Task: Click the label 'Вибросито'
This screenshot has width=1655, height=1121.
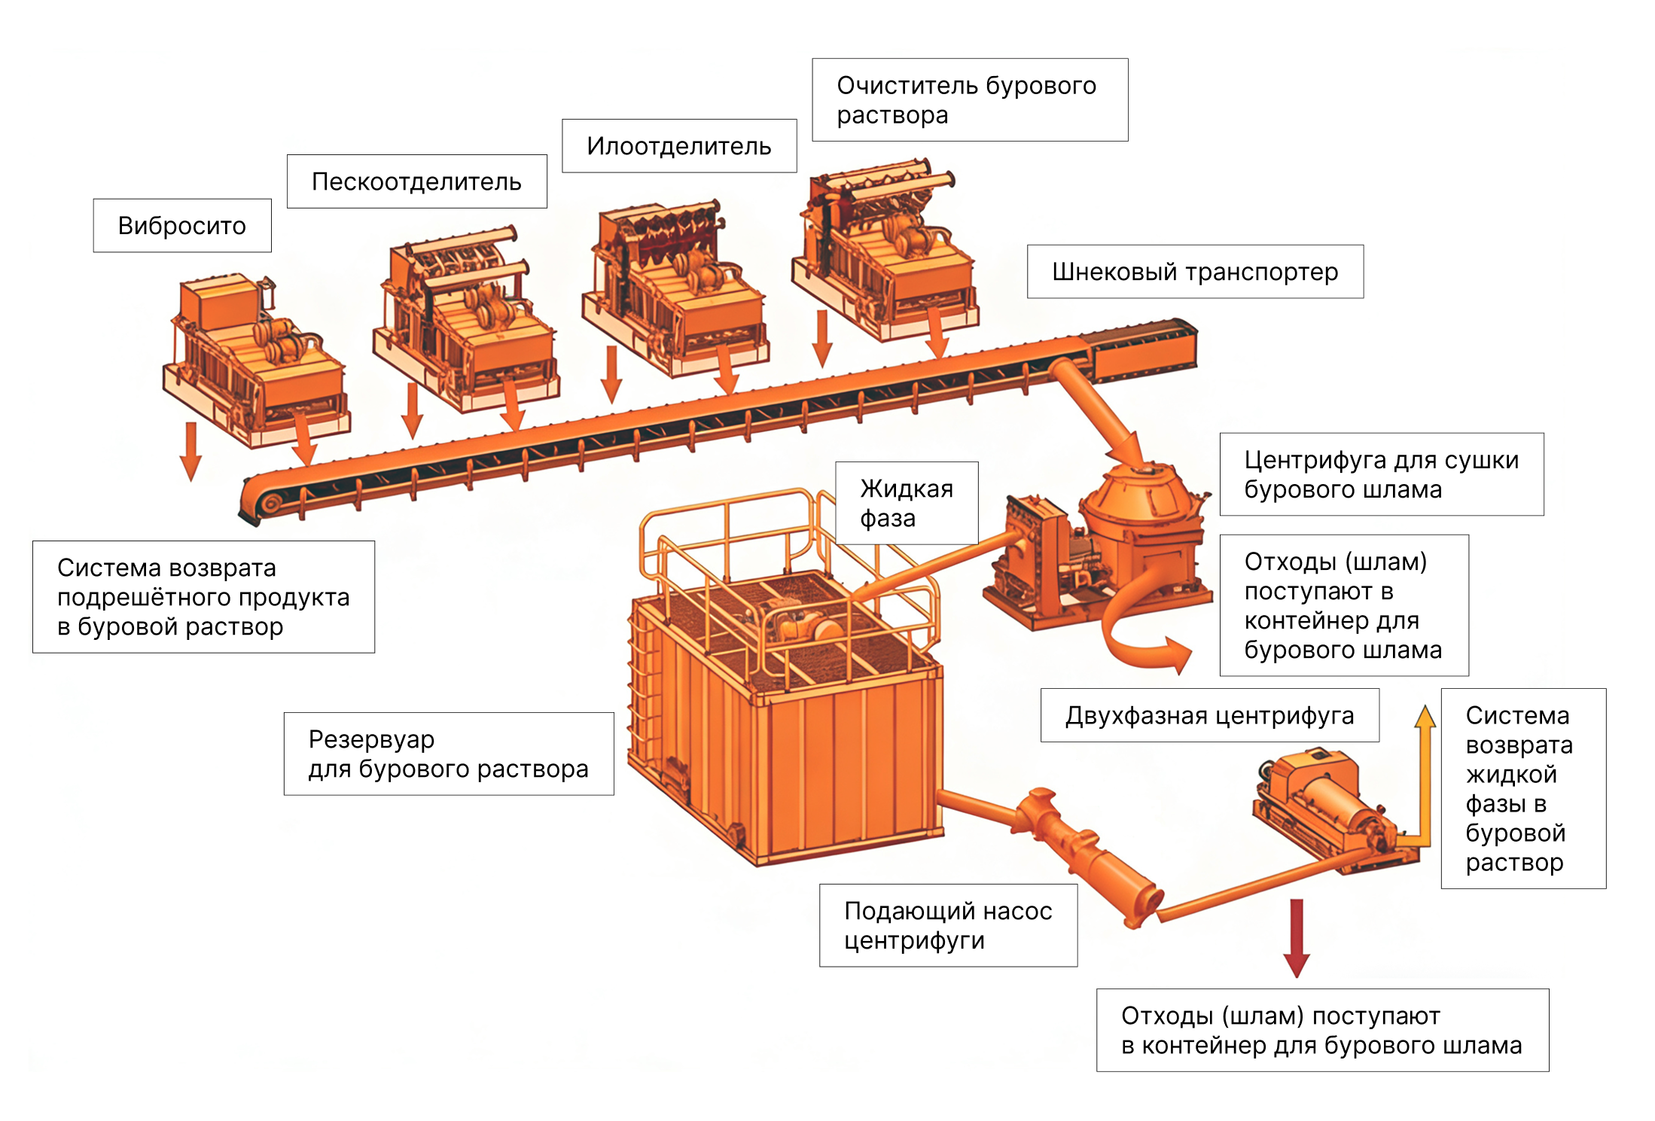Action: pyautogui.click(x=182, y=226)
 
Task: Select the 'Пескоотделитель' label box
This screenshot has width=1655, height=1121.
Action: pyautogui.click(x=416, y=181)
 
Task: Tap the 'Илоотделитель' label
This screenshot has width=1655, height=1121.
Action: pyautogui.click(x=678, y=146)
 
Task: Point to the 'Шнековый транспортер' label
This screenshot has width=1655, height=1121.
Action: pyautogui.click(x=1195, y=272)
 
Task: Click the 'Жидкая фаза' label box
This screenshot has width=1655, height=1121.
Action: pyautogui.click(x=907, y=503)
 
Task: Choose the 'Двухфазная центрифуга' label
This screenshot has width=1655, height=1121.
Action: pyautogui.click(x=1209, y=715)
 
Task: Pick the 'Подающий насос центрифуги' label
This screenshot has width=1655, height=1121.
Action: pyautogui.click(x=948, y=925)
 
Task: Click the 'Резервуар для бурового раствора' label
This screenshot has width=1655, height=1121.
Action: pyautogui.click(x=448, y=754)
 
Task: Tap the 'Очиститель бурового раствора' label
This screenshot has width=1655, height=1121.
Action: pyautogui.click(x=969, y=100)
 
